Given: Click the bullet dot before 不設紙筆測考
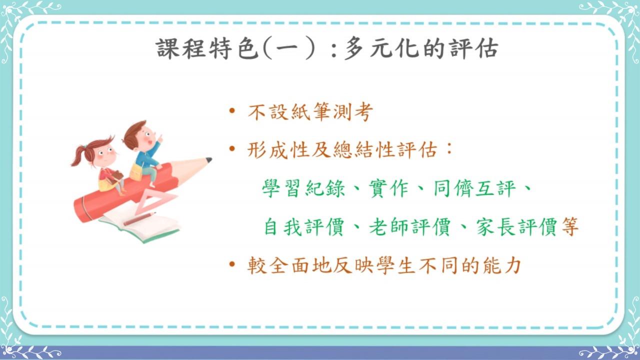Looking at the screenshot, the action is (x=232, y=110).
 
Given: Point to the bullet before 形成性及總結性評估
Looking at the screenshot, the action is (x=232, y=148).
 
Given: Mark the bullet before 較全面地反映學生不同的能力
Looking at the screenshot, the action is (x=232, y=264).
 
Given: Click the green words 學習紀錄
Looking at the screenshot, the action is (x=303, y=188).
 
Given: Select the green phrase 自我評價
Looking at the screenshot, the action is (x=303, y=227).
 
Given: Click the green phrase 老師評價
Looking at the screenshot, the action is (x=410, y=227).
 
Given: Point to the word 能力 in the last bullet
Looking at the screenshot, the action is (x=502, y=265).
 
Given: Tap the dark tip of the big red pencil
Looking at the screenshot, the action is (x=209, y=160).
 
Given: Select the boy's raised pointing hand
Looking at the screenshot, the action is (x=159, y=139).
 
